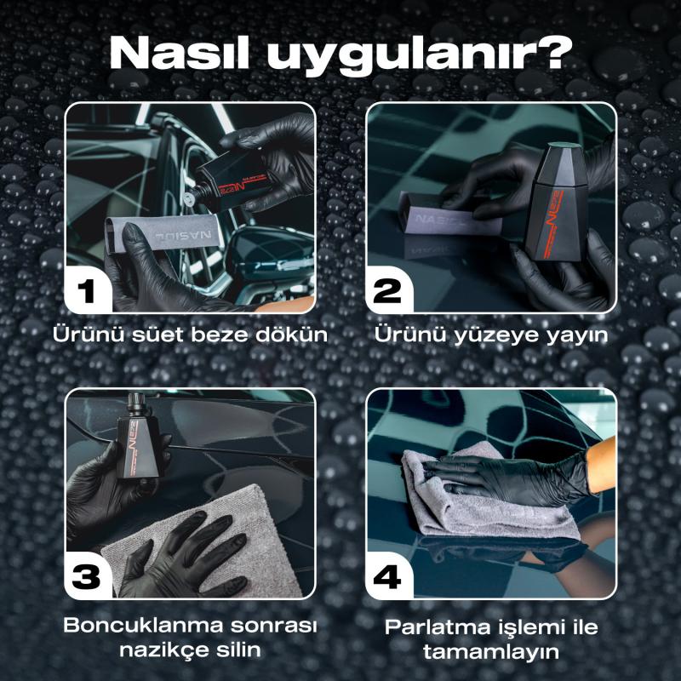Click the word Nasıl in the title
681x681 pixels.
[180, 54]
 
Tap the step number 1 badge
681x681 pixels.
[87, 290]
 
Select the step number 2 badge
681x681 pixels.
[387, 290]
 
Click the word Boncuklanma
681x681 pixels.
[143, 625]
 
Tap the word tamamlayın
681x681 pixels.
[491, 652]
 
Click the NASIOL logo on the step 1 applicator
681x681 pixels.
[183, 236]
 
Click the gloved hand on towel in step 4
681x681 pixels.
[508, 478]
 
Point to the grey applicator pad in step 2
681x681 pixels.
[449, 215]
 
